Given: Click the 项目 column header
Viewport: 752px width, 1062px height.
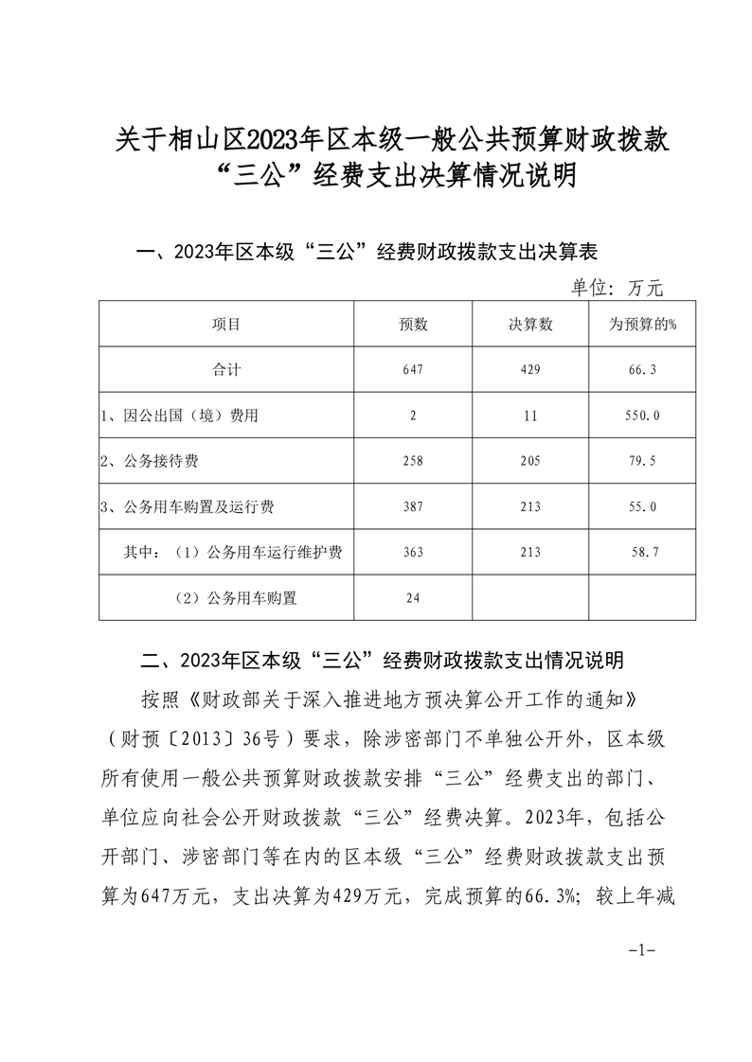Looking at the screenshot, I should [226, 325].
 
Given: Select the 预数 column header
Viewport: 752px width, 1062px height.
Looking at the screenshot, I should [414, 325].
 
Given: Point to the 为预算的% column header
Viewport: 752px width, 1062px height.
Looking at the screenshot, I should [642, 325].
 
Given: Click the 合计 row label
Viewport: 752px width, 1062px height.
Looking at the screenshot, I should [226, 370].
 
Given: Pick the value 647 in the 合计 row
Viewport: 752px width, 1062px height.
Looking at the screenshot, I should [414, 370].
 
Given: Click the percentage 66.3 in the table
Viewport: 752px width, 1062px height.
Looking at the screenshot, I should [642, 370].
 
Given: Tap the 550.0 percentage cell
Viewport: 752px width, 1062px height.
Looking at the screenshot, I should [642, 416].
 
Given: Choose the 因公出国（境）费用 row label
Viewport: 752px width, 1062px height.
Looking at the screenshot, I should [179, 416].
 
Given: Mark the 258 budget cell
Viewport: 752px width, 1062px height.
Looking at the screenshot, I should [414, 462].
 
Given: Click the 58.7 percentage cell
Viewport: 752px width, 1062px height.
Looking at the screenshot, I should [642, 554].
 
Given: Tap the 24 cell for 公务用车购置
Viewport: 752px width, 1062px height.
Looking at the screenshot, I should [414, 599].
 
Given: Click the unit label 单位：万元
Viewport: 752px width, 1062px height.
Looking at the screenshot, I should [617, 288].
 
